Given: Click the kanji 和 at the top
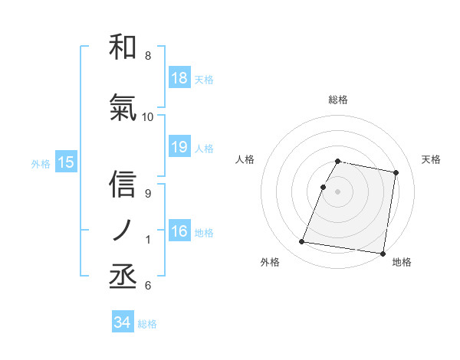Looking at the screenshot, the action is point(123,47).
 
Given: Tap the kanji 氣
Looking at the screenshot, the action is point(123,110).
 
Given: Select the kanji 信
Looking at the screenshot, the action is point(123,186).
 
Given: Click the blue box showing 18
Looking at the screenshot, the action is point(179,78).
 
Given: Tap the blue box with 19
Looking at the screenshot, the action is point(179,147).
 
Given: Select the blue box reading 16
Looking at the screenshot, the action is point(179,231).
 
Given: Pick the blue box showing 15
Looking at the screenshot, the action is point(65,162).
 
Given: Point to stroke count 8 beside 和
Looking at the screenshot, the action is point(147,56).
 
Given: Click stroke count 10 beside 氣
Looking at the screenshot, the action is point(148,117).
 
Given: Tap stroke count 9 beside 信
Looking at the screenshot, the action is point(147,194).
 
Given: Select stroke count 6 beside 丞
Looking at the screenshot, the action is point(147,286).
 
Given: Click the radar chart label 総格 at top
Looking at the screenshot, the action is point(338,100).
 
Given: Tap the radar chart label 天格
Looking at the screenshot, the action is point(432,159).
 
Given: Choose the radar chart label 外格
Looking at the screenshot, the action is point(270,262).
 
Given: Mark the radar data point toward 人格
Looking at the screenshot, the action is point(324,187).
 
